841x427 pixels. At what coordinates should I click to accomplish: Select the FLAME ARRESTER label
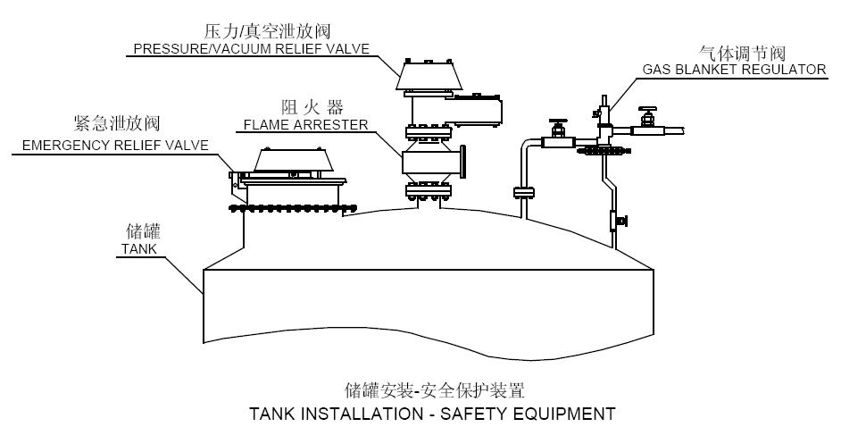(x=305, y=125)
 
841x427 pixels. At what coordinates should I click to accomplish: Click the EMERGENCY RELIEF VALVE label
(x=111, y=145)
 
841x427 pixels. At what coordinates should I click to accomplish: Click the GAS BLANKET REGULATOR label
(x=734, y=69)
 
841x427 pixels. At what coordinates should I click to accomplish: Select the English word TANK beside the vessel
(x=137, y=249)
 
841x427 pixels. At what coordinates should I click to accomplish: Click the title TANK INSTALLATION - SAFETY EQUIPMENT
(x=432, y=413)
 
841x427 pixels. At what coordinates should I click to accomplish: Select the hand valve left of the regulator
(x=558, y=131)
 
